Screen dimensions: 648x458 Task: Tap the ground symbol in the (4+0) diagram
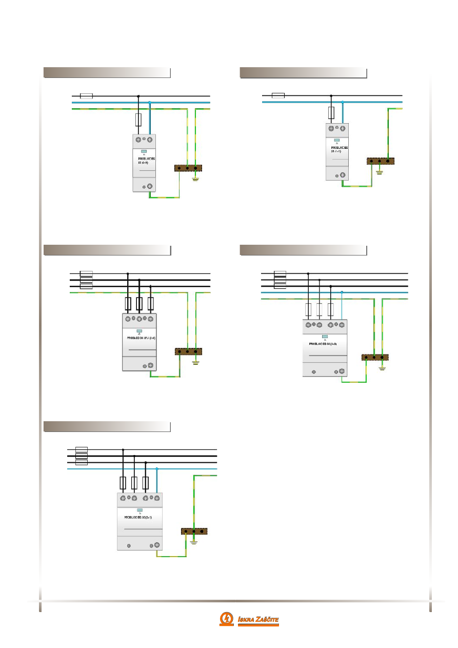pos(382,368)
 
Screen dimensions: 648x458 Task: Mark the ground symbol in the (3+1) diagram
pos(194,542)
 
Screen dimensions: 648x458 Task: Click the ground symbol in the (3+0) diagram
pos(196,362)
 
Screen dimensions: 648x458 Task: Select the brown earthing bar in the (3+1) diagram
pos(194,532)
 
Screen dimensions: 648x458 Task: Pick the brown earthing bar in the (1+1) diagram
pos(380,161)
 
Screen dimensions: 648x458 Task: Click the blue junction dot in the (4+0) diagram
pos(342,292)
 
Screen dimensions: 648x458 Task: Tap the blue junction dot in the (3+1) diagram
pos(157,469)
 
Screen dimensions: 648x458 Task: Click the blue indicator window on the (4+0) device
pos(325,337)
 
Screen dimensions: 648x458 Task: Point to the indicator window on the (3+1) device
pos(140,510)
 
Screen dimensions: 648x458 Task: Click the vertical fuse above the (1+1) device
pos(331,112)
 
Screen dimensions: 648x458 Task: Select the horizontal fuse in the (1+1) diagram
pos(278,95)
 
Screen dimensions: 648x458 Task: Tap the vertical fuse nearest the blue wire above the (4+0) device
pos(331,309)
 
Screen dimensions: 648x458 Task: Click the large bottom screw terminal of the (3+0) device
pos(151,365)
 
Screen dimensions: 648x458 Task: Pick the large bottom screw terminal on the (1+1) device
pos(343,175)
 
